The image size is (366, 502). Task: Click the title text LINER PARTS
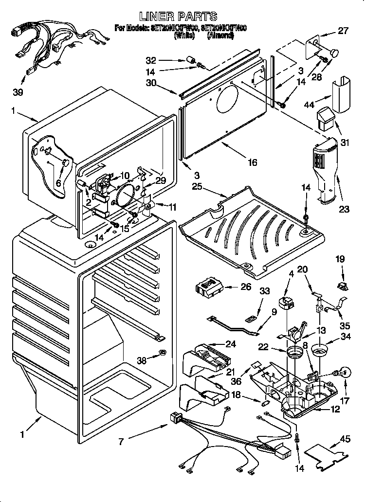tap(181, 17)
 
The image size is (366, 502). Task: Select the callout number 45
tap(345, 439)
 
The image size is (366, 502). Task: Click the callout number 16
tap(252, 163)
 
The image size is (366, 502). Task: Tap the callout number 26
tap(245, 287)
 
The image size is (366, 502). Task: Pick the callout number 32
tap(151, 60)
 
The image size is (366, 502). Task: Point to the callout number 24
tap(231, 344)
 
